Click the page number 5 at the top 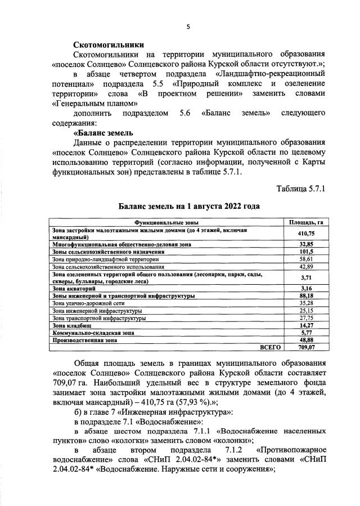pos(188,26)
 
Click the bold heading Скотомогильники pos(109,44)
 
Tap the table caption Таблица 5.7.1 pos(301,187)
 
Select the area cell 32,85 pos(305,244)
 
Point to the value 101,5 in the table pos(305,252)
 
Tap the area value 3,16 pos(305,288)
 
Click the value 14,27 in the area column pos(305,325)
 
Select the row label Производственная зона pos(84,340)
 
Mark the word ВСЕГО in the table pos(270,347)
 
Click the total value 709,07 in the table pos(305,347)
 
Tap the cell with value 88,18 pos(305,295)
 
